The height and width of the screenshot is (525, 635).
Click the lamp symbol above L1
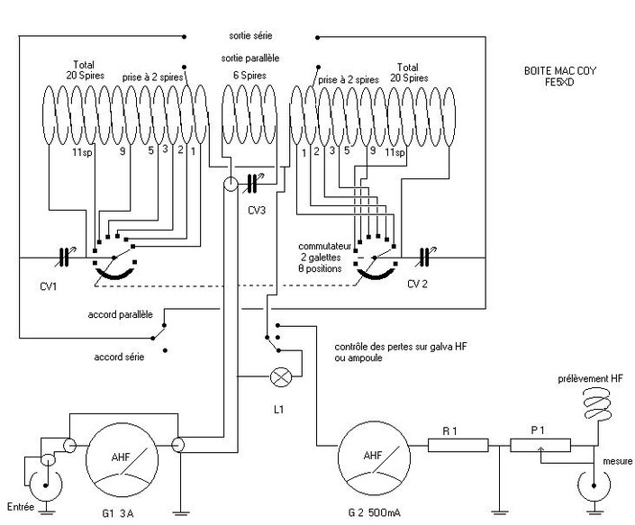(280, 376)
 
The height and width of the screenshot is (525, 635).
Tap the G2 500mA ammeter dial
(374, 458)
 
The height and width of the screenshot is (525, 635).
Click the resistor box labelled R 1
(458, 445)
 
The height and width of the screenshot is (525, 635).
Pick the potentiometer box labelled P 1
(540, 445)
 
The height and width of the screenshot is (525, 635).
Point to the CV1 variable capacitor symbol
(64, 258)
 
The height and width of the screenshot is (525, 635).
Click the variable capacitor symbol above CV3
(253, 183)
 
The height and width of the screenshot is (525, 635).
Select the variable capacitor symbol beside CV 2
(424, 257)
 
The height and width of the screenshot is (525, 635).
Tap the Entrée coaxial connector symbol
(46, 485)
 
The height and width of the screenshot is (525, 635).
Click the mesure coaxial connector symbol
(594, 486)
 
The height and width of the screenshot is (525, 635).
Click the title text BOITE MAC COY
(560, 71)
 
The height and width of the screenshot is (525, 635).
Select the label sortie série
(250, 36)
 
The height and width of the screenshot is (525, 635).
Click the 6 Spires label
(249, 76)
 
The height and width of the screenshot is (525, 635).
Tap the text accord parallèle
(121, 314)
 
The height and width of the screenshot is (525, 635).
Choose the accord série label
(119, 357)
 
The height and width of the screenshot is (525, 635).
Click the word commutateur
(325, 246)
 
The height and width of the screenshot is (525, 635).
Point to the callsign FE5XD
(559, 82)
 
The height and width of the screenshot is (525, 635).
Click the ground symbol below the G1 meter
(181, 512)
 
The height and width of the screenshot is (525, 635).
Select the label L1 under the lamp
(278, 410)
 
